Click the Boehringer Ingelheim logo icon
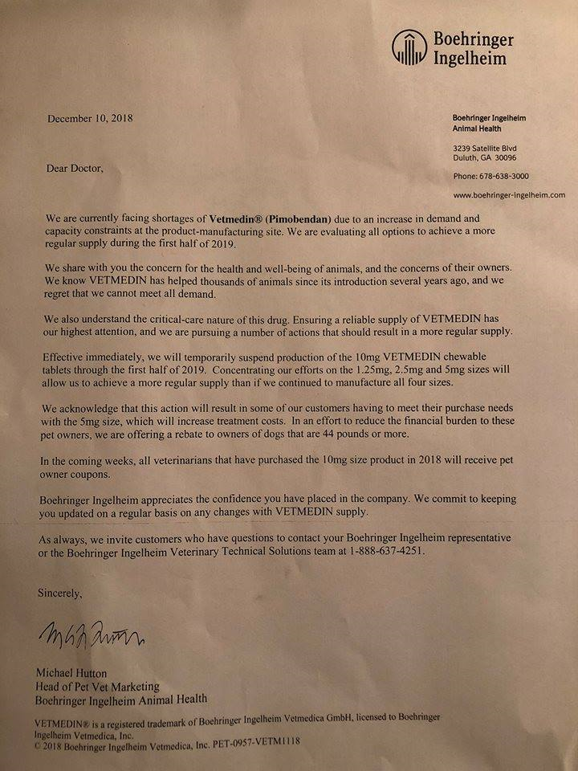pyautogui.click(x=408, y=47)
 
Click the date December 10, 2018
pyautogui.click(x=90, y=118)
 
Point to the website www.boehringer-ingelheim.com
pyautogui.click(x=509, y=194)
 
